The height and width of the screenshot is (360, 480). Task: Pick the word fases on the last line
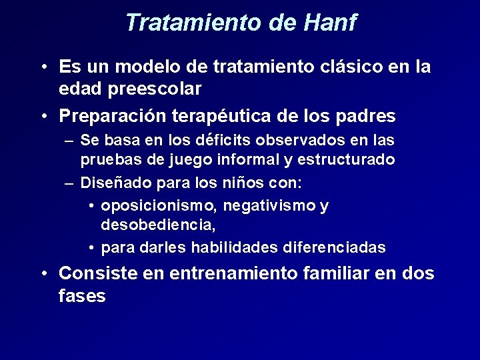[x=82, y=295]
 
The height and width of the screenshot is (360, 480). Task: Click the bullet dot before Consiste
[x=43, y=274]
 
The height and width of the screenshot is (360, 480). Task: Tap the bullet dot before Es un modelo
[x=43, y=68]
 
